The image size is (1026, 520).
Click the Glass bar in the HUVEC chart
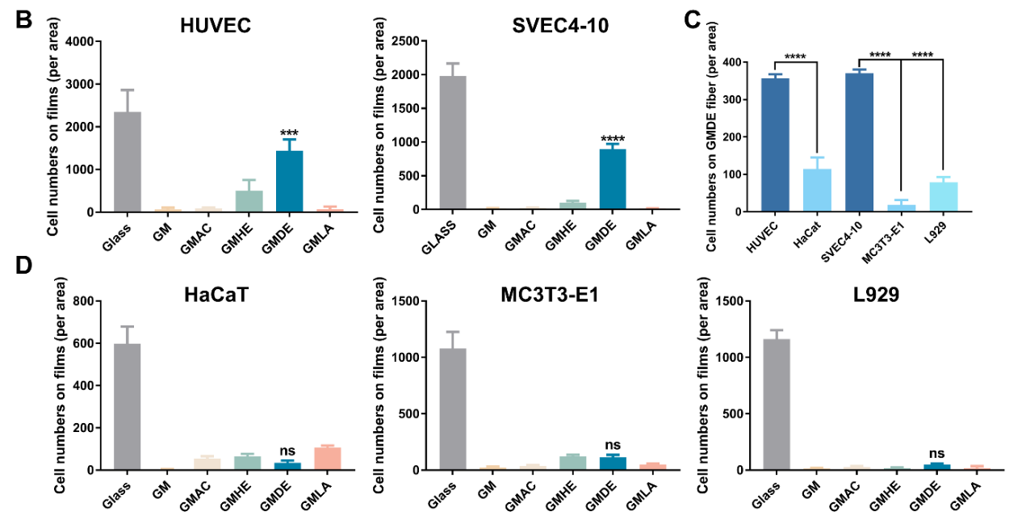click(128, 161)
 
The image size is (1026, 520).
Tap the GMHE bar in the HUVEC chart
click(249, 201)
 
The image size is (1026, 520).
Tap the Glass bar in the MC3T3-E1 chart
click(453, 409)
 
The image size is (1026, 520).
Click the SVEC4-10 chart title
click(560, 25)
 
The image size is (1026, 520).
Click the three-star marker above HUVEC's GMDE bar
click(289, 132)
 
